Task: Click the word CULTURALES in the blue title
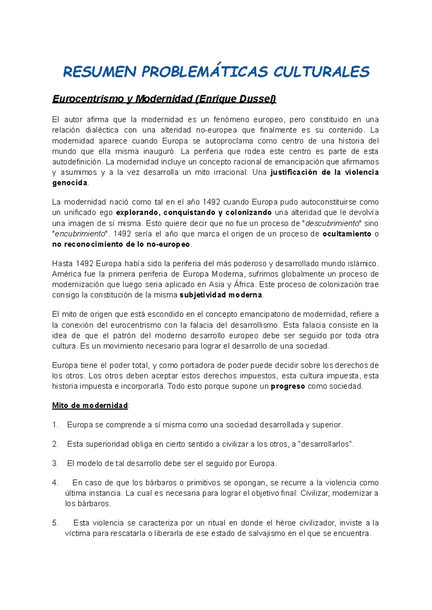[321, 72]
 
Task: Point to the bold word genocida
[70, 183]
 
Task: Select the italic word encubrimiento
[80, 234]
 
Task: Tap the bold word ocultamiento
[347, 234]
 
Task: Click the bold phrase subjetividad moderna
[221, 295]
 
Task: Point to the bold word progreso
[288, 386]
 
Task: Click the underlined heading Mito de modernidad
[90, 405]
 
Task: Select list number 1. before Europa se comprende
[55, 425]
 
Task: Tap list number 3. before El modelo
[55, 463]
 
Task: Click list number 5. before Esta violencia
[55, 523]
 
